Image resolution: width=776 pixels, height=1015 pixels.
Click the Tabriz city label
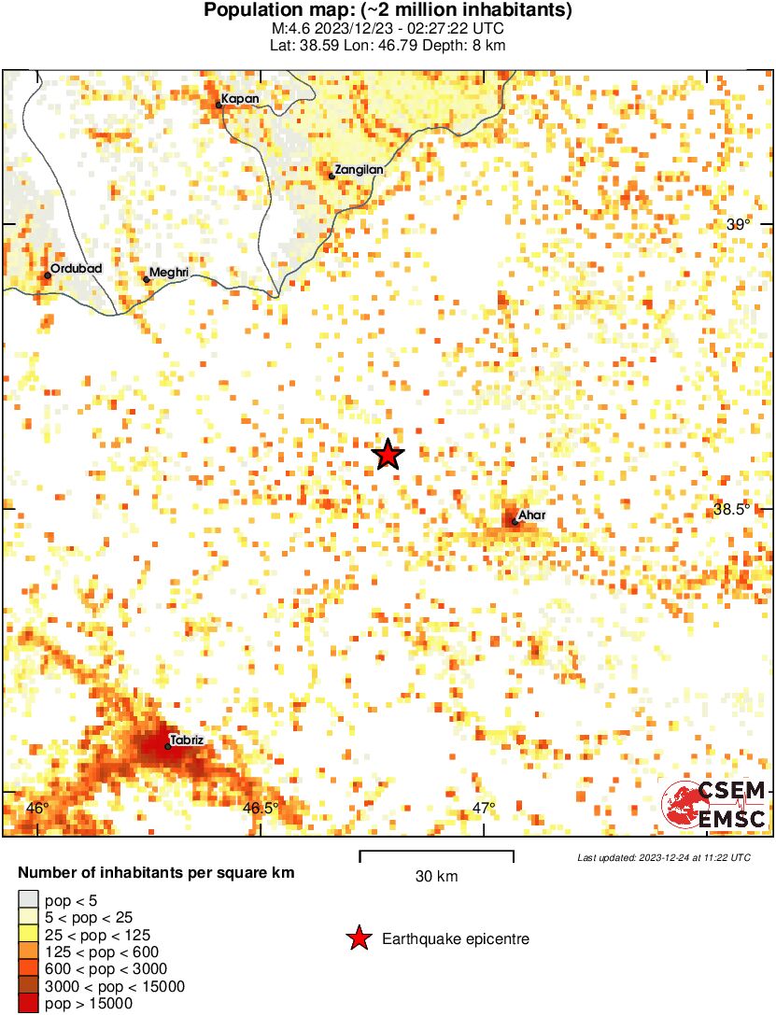[x=187, y=740]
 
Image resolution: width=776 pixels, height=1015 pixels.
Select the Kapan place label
[x=240, y=98]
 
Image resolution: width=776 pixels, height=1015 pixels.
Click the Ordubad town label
[x=76, y=268]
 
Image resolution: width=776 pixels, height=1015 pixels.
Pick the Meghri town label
[x=170, y=272]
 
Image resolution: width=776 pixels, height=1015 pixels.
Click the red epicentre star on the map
[x=388, y=456]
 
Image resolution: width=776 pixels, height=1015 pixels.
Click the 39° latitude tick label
[x=738, y=224]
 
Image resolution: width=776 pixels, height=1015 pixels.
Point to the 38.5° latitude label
[x=732, y=510]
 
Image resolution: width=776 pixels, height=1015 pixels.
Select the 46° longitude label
[x=37, y=808]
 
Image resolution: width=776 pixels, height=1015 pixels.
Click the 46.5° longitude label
[x=261, y=808]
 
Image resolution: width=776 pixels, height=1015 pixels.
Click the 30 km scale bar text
[x=436, y=876]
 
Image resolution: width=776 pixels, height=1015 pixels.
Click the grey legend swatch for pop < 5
[x=28, y=901]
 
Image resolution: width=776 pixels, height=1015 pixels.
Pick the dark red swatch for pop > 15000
[x=28, y=1003]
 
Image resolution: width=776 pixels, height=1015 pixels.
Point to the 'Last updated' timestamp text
[x=663, y=857]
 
